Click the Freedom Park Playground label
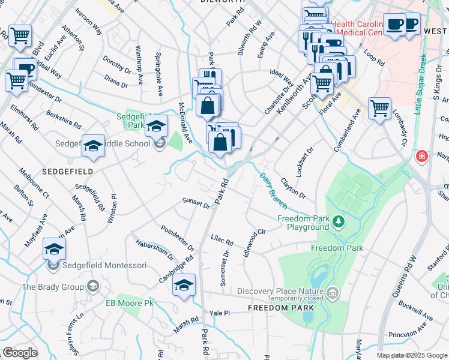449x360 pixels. pos(304,223)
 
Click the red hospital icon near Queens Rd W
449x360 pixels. pos(423,157)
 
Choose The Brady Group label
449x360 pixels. pos(53,287)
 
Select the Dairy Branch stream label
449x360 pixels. pos(273,190)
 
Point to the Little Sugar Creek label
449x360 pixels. pos(420,85)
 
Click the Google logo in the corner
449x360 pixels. pos(20,353)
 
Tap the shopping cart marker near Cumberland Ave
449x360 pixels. pos(379,109)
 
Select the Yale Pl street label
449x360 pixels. pos(220,313)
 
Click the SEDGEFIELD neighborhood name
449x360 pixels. pos(67,171)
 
